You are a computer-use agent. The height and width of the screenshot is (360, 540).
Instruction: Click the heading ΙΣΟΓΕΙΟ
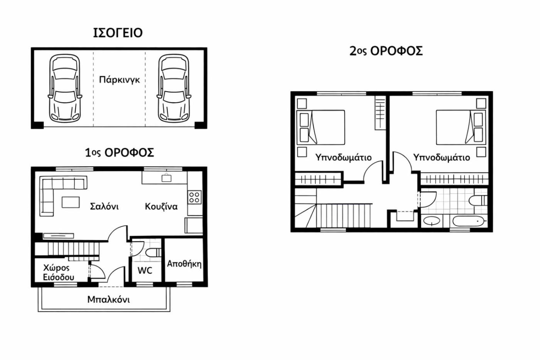click(x=118, y=33)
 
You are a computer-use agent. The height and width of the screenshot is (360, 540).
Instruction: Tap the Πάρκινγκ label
click(x=120, y=80)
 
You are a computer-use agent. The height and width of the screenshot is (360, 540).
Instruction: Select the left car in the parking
click(x=65, y=88)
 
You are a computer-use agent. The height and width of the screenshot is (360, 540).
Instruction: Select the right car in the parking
click(x=174, y=88)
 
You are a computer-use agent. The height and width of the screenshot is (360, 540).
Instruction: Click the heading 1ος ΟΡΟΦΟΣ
click(x=120, y=153)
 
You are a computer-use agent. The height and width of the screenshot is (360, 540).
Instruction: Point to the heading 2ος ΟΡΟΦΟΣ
click(x=386, y=51)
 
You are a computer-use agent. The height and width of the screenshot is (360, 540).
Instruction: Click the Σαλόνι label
click(x=104, y=206)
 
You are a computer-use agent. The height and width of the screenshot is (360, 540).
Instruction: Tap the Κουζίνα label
click(x=161, y=206)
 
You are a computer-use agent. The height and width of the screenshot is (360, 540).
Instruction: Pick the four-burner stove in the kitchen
click(x=194, y=197)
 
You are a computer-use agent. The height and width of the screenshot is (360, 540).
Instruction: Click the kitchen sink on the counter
click(x=166, y=178)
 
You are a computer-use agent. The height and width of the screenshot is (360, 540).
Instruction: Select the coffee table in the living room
click(x=71, y=202)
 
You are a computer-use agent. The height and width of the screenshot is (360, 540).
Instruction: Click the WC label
click(x=145, y=270)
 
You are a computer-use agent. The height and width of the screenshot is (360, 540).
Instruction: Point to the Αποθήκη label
click(x=184, y=264)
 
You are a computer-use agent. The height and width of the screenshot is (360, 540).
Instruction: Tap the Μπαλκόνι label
click(x=108, y=299)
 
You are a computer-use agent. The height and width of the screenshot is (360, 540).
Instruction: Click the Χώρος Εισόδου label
click(x=59, y=273)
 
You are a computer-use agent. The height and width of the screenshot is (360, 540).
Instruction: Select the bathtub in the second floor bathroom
click(x=468, y=221)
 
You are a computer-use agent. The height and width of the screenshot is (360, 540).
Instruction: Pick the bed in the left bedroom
click(x=321, y=128)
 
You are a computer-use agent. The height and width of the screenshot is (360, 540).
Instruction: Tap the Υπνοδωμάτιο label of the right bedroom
click(x=442, y=157)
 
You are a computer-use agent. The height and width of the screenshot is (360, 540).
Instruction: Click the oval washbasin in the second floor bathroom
click(x=432, y=221)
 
